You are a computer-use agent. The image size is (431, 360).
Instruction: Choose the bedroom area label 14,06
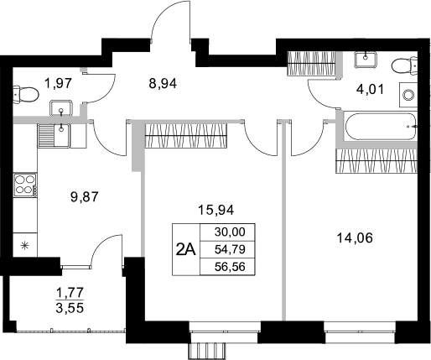click(x=353, y=237)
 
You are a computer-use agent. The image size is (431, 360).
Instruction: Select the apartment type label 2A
click(x=186, y=248)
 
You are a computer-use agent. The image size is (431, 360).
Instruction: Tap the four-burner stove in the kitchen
click(x=25, y=185)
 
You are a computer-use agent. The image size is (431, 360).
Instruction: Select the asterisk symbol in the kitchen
click(x=24, y=246)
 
